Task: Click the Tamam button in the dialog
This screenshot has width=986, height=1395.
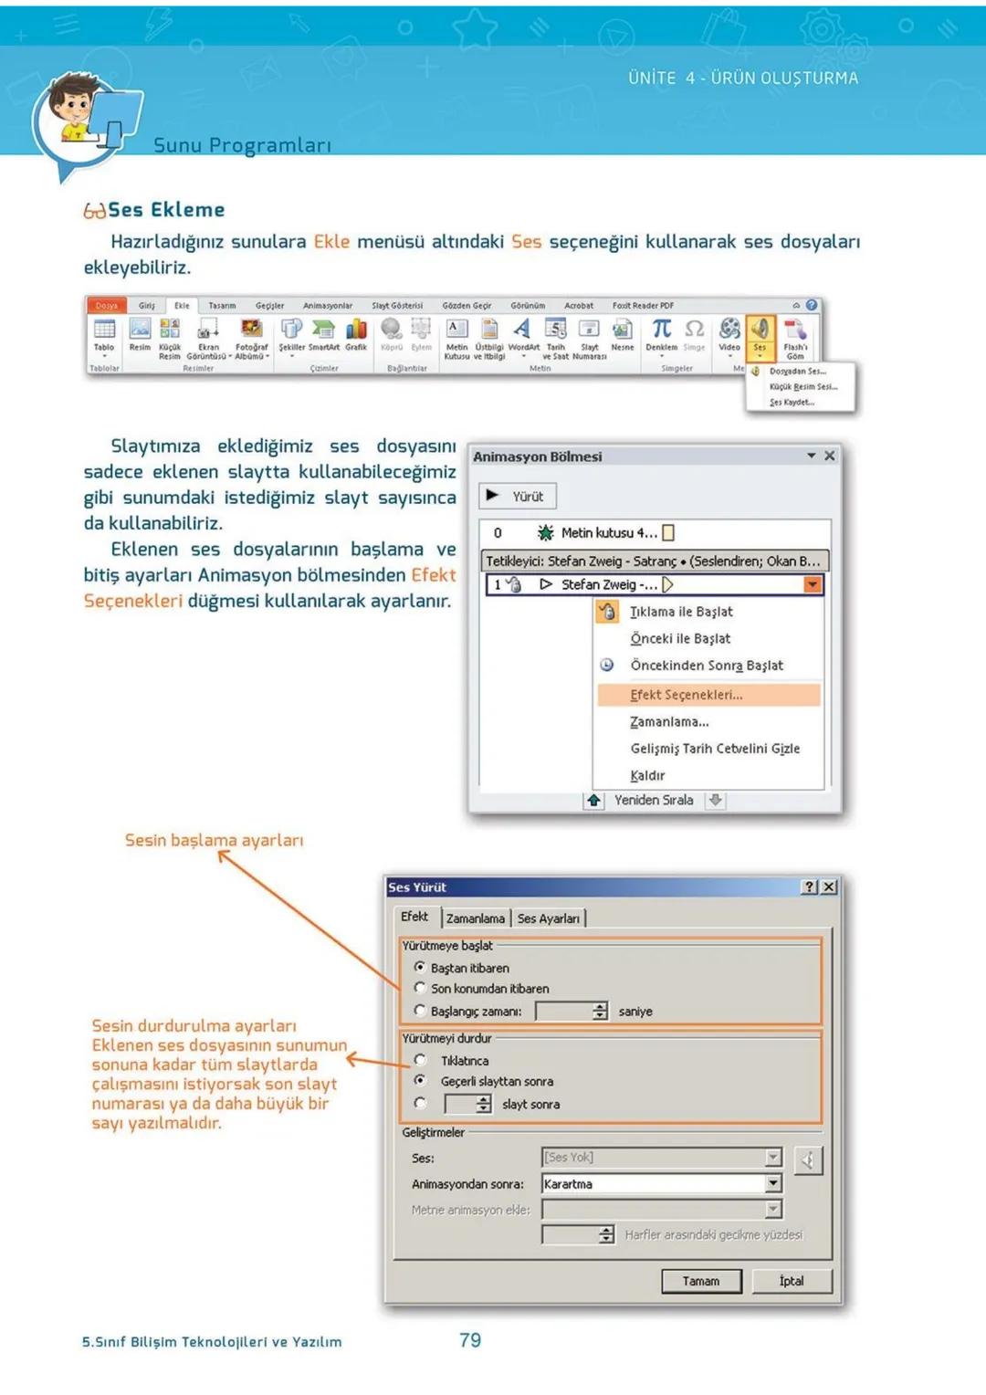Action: (700, 1281)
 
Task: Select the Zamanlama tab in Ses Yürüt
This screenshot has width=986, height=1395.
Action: (475, 918)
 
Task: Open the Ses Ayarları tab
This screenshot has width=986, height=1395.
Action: (548, 918)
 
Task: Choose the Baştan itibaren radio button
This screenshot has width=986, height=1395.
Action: (420, 967)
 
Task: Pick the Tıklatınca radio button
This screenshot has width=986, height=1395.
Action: (420, 1060)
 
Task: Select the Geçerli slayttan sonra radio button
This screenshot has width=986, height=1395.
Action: (420, 1080)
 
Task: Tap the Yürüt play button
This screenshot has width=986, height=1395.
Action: (517, 496)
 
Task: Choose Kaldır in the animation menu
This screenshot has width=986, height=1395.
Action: (647, 775)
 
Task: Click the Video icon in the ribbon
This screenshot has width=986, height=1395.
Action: (729, 333)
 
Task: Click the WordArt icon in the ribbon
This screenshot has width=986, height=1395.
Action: (523, 333)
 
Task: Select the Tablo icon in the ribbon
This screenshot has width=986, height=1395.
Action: (104, 333)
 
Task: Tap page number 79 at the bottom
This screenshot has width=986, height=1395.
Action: (470, 1340)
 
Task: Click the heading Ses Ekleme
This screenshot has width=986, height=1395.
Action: (165, 210)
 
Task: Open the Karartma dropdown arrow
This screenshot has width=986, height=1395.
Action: (773, 1183)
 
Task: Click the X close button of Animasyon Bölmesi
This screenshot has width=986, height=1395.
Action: (829, 456)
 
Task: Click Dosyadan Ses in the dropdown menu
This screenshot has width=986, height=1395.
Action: (797, 372)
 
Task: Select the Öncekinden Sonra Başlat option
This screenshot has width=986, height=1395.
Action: (706, 666)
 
